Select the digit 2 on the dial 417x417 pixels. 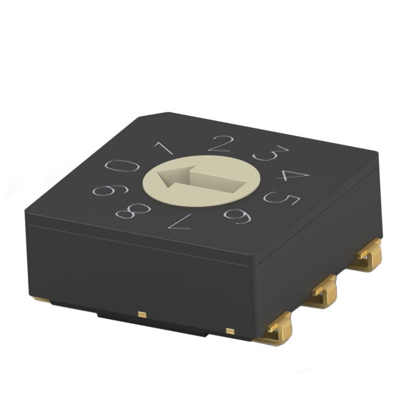219,143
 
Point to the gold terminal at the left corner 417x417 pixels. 41,300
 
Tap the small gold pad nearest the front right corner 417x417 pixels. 229,330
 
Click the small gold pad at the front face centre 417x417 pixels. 141,314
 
